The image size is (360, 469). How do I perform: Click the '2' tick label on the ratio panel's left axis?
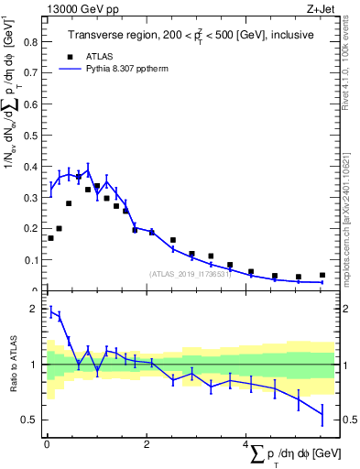point(34,310)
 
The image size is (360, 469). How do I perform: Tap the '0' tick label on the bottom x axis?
point(46,444)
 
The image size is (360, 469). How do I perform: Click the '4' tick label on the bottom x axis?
point(245,444)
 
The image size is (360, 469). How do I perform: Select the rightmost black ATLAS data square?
point(322,275)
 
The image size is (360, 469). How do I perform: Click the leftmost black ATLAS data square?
point(50,238)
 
